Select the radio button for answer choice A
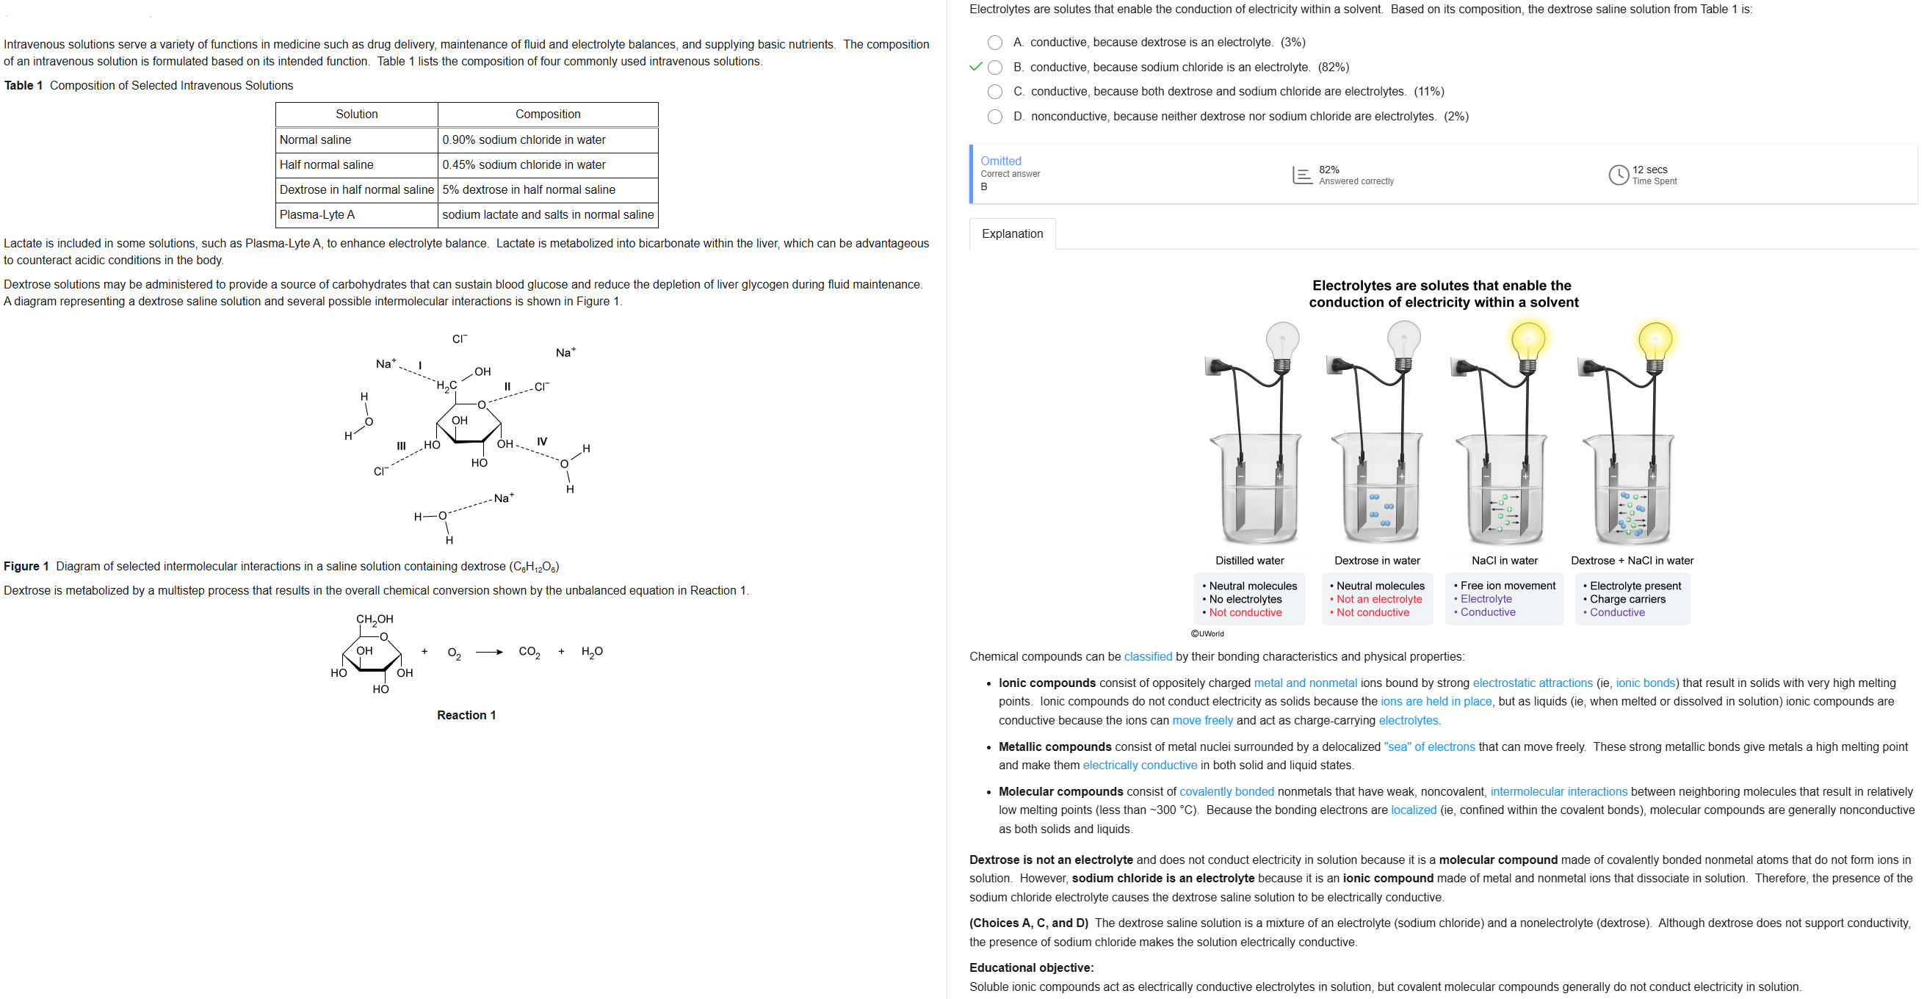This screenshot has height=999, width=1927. [x=995, y=43]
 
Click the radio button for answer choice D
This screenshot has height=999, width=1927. [x=995, y=117]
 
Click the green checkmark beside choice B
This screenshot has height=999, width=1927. [x=975, y=67]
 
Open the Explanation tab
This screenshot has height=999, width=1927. [x=1012, y=234]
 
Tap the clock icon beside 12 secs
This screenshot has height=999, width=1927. [x=1618, y=175]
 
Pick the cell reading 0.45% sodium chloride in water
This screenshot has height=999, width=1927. [x=524, y=165]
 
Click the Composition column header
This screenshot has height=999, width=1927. [x=548, y=115]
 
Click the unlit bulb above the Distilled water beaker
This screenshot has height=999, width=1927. [x=1283, y=341]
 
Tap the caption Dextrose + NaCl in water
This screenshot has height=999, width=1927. [x=1633, y=561]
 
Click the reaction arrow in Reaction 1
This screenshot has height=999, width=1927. [x=489, y=652]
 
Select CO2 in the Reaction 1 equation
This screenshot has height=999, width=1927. [x=529, y=652]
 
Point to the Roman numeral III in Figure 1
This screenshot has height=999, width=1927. [x=401, y=446]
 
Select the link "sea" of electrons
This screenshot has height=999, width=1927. [x=1429, y=747]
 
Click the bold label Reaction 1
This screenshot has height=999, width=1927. [x=466, y=716]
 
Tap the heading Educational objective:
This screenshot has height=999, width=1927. [x=1031, y=968]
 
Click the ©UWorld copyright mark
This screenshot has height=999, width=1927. [x=1207, y=634]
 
